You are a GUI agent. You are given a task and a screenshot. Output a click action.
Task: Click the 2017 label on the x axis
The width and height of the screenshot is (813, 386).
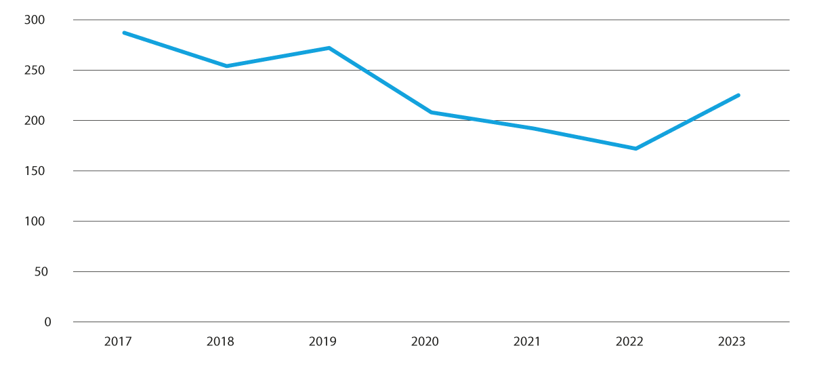point(118,341)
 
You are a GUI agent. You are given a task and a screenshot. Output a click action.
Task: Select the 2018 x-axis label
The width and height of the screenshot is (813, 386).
point(220,341)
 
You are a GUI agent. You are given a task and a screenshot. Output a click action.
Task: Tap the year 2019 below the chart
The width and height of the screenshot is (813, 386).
point(322,341)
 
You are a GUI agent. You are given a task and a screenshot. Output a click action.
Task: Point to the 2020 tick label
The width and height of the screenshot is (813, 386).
point(425,341)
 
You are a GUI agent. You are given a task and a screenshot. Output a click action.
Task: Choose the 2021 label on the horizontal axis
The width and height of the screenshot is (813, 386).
point(526,341)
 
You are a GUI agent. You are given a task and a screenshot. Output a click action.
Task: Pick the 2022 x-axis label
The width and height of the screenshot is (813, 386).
point(629,341)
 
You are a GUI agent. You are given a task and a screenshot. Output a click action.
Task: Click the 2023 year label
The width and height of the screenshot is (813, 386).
point(732,341)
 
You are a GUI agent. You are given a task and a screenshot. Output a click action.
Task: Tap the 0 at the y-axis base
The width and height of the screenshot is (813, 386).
point(47,322)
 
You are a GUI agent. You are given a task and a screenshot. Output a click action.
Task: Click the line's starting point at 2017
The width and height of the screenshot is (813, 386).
point(124,33)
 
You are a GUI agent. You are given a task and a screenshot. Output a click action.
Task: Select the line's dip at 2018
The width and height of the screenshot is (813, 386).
point(226,66)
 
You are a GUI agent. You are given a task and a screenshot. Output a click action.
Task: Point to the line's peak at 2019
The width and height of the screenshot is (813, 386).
point(329,48)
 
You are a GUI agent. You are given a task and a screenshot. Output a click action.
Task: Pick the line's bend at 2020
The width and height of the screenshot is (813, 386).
point(432,112)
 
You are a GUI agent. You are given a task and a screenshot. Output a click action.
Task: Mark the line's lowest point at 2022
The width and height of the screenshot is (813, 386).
point(635,149)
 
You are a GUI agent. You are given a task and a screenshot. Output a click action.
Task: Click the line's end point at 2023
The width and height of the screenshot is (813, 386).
point(738,95)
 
